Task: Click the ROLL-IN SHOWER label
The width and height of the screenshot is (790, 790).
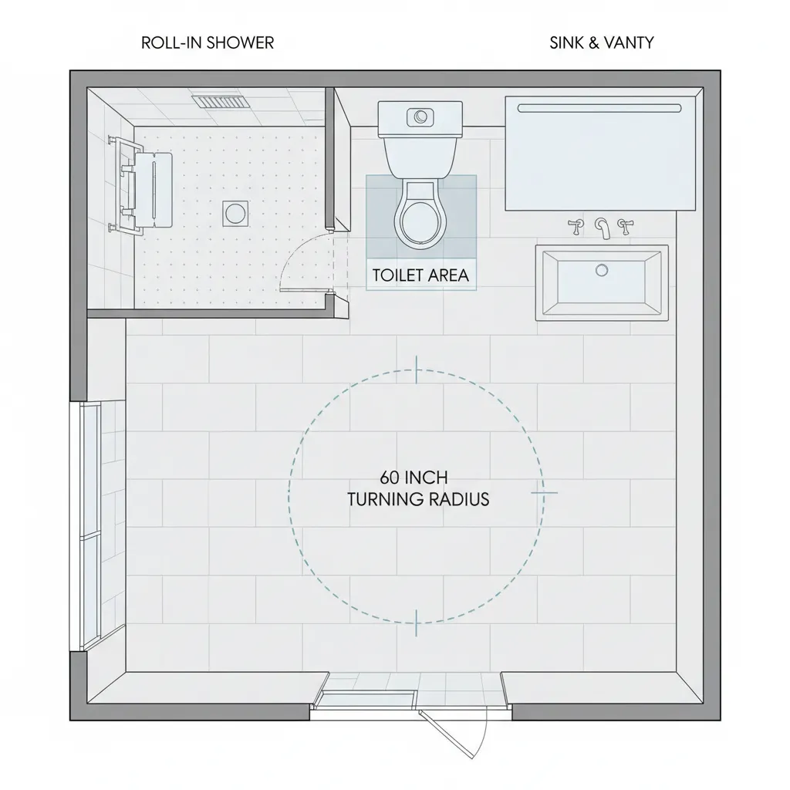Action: tap(208, 42)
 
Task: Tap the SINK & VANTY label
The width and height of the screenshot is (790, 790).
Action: tap(601, 42)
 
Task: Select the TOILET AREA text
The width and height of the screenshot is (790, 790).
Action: tap(420, 275)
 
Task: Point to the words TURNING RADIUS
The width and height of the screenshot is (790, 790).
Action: tap(418, 499)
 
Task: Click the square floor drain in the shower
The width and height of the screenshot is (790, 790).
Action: tap(235, 213)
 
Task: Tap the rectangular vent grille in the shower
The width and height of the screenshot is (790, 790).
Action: tap(218, 102)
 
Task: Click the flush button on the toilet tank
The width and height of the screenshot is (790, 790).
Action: tap(420, 116)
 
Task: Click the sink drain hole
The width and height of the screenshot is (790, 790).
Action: tap(602, 270)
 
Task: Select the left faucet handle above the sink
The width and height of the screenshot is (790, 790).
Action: tap(576, 226)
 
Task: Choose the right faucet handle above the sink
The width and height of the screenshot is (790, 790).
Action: tap(626, 225)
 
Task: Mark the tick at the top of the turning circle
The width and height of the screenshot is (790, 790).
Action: tap(417, 370)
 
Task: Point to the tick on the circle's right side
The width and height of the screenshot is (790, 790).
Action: tap(543, 491)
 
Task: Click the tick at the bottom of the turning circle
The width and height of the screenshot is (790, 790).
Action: tap(417, 621)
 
